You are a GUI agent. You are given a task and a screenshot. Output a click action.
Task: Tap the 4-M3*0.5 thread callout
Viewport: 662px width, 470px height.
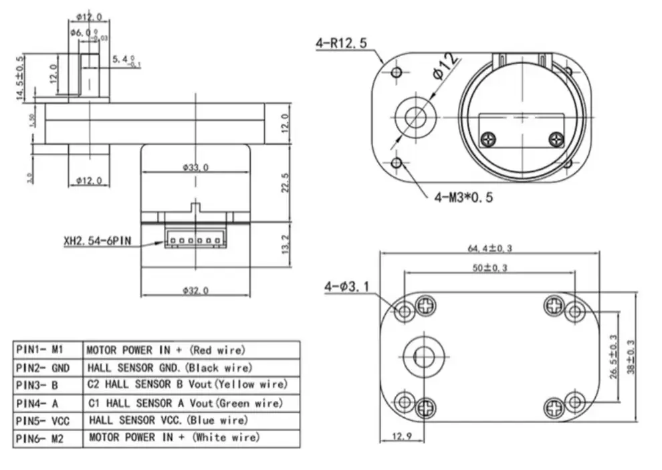click(x=463, y=197)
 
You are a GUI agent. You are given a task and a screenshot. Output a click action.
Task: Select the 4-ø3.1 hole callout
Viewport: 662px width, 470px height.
click(x=347, y=287)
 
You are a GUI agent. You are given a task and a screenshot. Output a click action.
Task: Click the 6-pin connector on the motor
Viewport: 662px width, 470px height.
click(x=195, y=241)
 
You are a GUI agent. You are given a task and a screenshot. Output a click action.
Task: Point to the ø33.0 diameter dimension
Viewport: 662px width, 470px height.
click(x=195, y=168)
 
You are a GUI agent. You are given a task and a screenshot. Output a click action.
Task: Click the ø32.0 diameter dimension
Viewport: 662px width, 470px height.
click(x=195, y=290)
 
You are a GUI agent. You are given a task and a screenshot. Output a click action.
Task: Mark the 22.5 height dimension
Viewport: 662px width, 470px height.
click(x=286, y=183)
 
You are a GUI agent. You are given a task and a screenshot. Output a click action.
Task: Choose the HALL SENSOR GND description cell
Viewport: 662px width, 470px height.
click(x=169, y=367)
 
